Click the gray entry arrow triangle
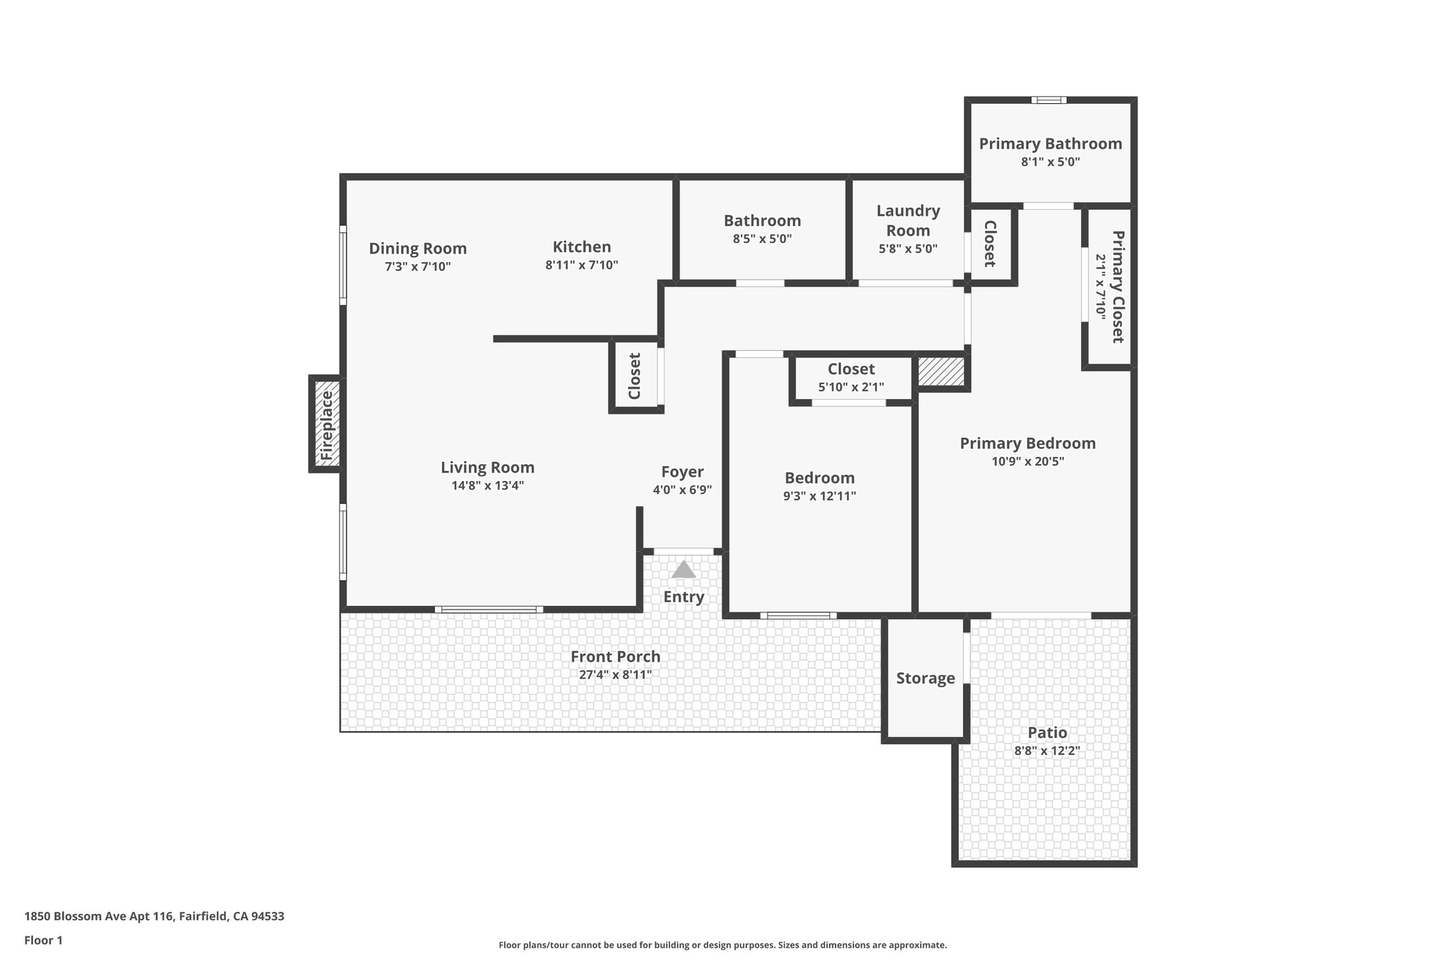pyautogui.click(x=683, y=570)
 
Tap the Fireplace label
pyautogui.click(x=326, y=425)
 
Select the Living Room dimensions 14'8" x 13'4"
pyautogui.click(x=487, y=486)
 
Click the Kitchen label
pyautogui.click(x=582, y=247)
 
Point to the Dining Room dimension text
pyautogui.click(x=417, y=267)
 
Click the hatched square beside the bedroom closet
pyautogui.click(x=940, y=371)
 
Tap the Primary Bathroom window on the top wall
pyautogui.click(x=1048, y=100)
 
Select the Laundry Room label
pyautogui.click(x=908, y=220)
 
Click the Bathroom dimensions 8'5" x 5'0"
pyautogui.click(x=762, y=239)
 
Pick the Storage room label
pyautogui.click(x=925, y=679)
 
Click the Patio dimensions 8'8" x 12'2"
pyautogui.click(x=1047, y=751)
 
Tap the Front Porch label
pyautogui.click(x=615, y=657)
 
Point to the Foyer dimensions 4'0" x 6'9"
pyautogui.click(x=682, y=490)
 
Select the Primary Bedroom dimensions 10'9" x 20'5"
pyautogui.click(x=1027, y=462)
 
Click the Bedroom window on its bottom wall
pyautogui.click(x=799, y=615)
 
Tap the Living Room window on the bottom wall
pyautogui.click(x=489, y=609)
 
